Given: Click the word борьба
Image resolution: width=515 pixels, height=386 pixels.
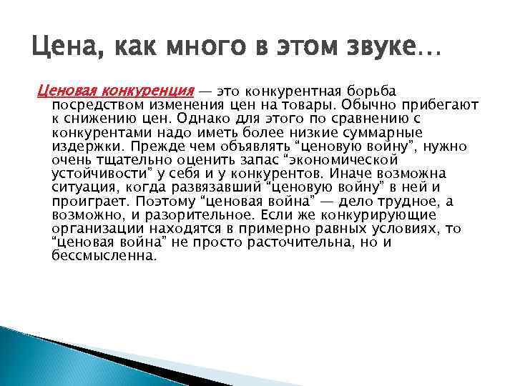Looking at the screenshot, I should [x=373, y=91].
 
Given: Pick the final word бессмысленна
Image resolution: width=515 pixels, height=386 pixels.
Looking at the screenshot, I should [x=103, y=255].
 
